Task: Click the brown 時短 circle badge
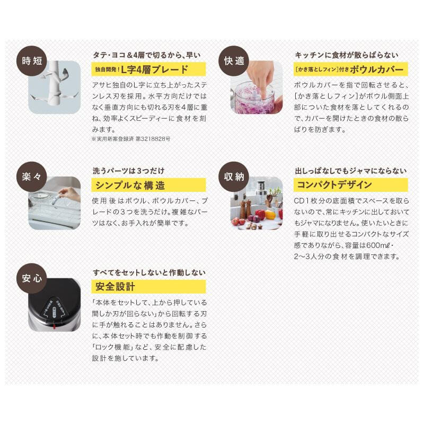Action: (x=32, y=61)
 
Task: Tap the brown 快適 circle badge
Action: (x=234, y=61)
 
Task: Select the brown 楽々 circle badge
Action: (x=32, y=176)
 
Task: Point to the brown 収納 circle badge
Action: (x=234, y=176)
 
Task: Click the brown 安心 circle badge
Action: (x=32, y=278)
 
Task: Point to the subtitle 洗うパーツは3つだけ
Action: (x=128, y=171)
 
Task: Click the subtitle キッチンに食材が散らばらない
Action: (x=347, y=55)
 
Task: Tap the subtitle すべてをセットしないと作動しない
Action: (x=149, y=272)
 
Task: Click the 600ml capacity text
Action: (x=378, y=245)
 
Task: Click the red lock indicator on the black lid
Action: (x=54, y=326)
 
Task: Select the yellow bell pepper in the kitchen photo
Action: (x=270, y=215)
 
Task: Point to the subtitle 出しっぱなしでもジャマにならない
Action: (x=351, y=171)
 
